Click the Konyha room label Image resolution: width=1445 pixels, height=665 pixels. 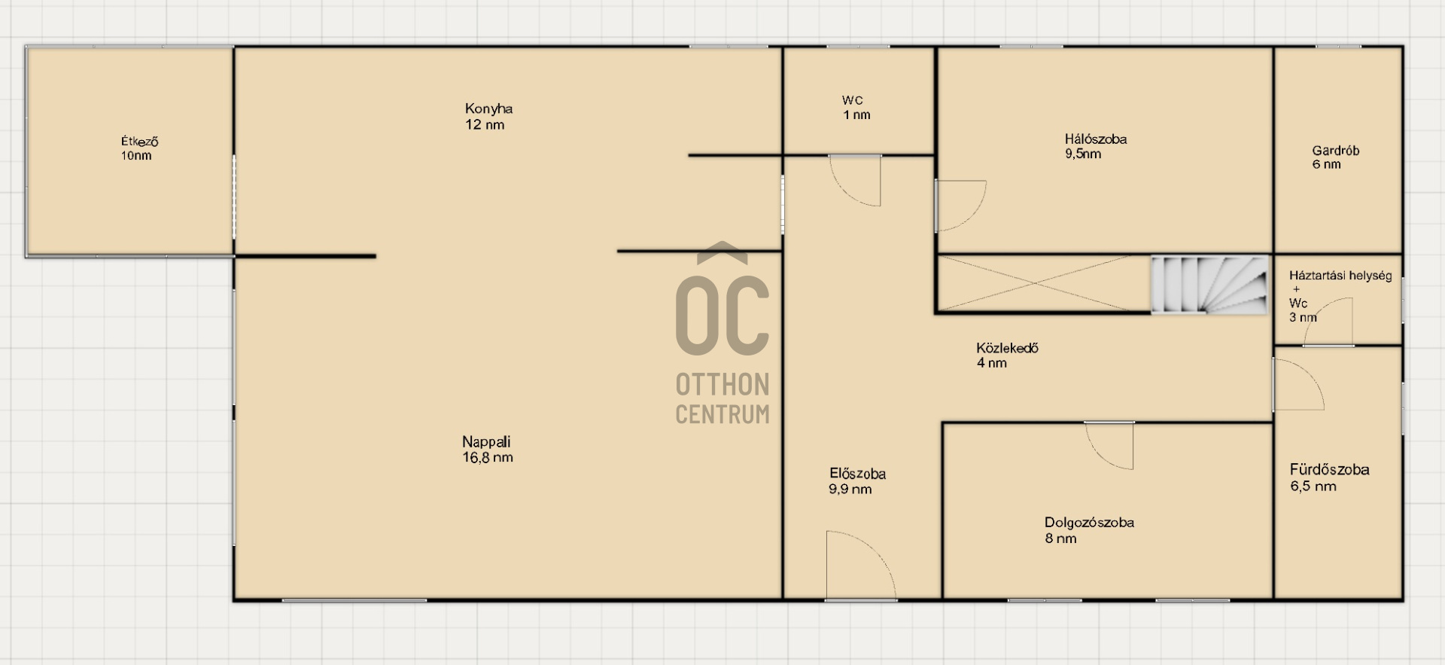(488, 108)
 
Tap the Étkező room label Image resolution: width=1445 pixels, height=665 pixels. (140, 142)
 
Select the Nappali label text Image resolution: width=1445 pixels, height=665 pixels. (486, 442)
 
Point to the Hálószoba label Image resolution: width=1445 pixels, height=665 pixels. (1095, 139)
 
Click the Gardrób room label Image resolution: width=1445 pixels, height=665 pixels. (1335, 151)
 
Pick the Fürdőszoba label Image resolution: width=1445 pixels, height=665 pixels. (1329, 470)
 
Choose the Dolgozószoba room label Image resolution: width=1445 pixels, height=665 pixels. (1089, 523)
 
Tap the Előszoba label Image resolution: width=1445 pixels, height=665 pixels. (857, 474)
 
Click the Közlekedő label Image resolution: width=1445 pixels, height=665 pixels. (1007, 348)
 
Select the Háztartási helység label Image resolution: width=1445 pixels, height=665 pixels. (1340, 276)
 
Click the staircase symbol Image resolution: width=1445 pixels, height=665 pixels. (1208, 285)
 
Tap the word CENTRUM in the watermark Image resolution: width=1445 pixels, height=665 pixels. (722, 414)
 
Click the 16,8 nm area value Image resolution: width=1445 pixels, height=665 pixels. (488, 458)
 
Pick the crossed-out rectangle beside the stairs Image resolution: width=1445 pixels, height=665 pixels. (1043, 283)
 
